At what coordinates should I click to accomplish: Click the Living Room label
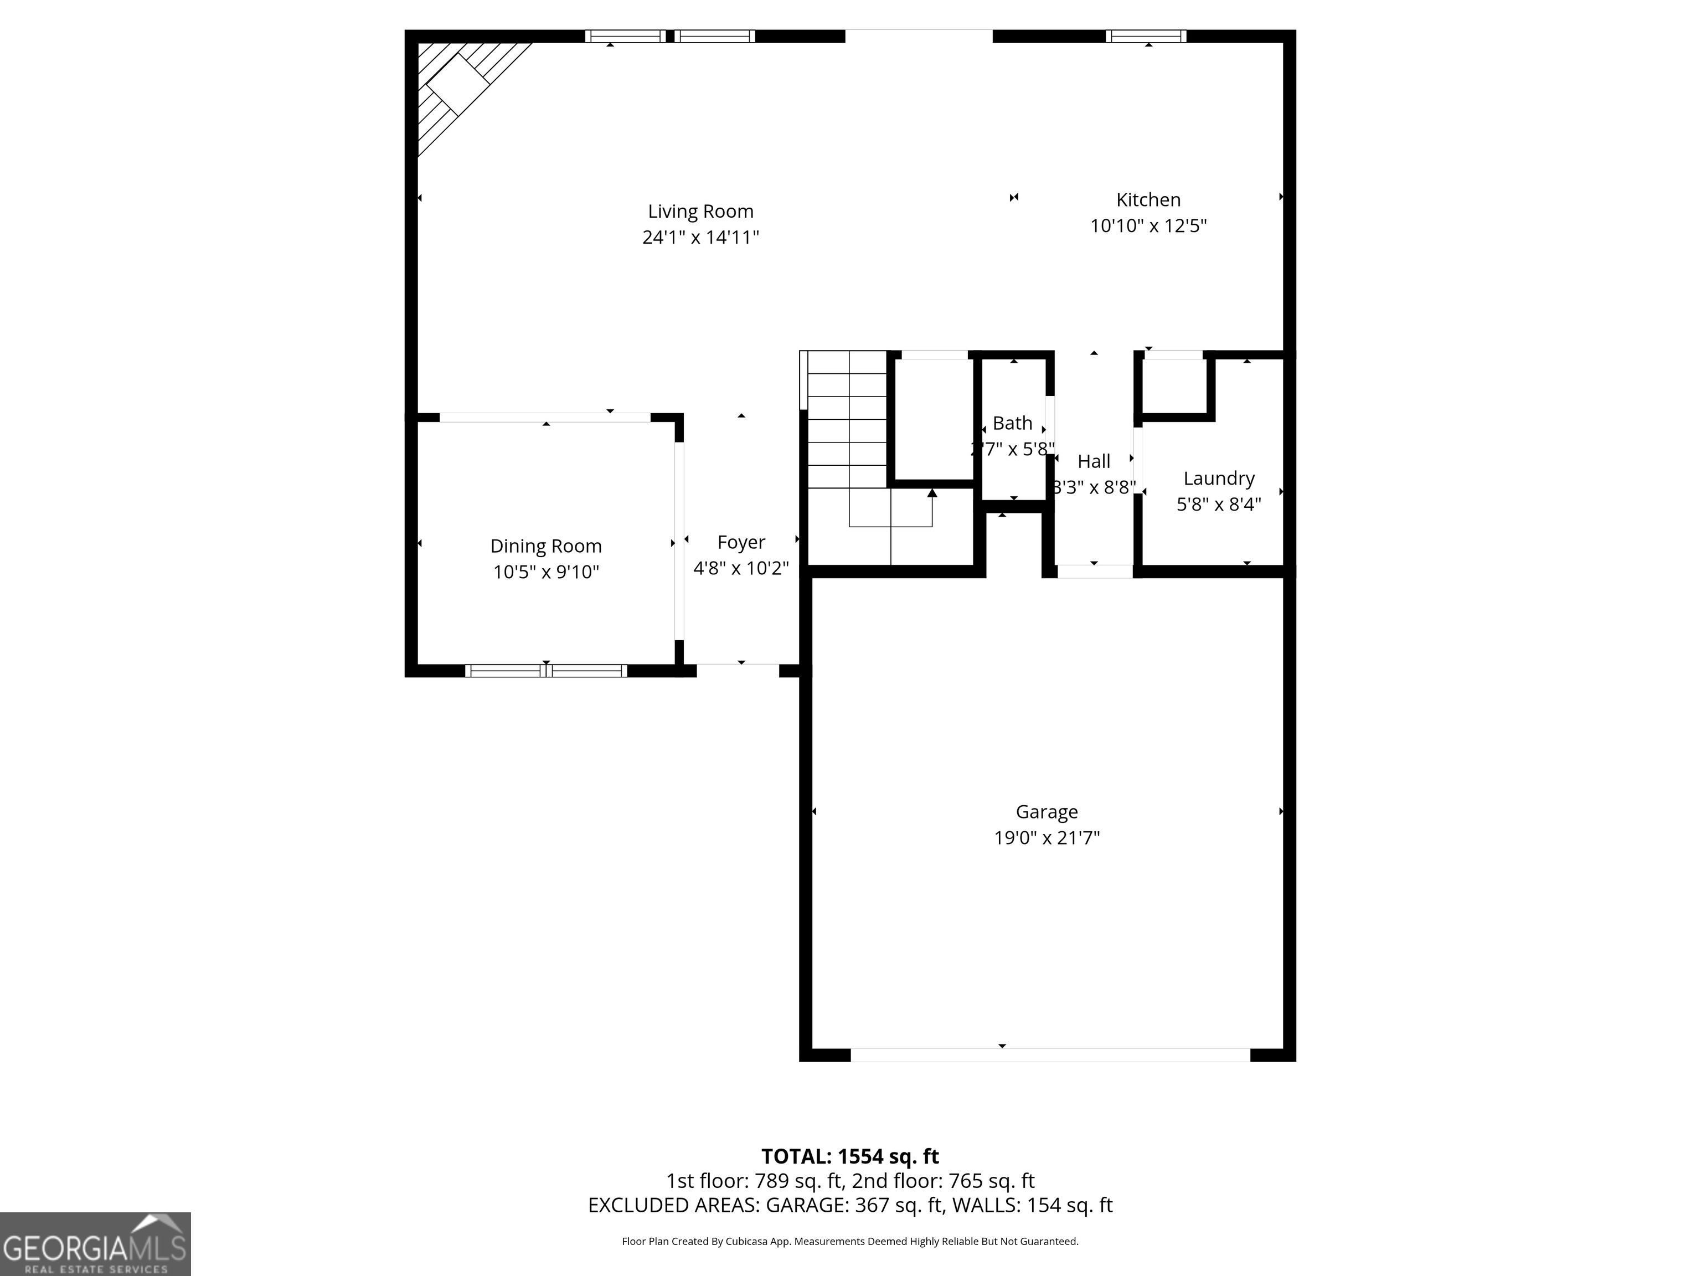coord(700,212)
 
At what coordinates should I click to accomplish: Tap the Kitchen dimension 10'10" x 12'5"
coord(1148,226)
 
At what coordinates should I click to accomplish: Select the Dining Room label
coord(546,546)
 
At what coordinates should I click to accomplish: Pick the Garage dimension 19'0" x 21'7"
coord(1047,837)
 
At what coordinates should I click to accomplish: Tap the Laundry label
coord(1219,478)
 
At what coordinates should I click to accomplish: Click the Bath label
coord(1012,423)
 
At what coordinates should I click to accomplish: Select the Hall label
coord(1094,461)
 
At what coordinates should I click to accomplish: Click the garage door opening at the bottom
coord(1050,1055)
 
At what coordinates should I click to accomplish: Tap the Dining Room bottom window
coord(546,671)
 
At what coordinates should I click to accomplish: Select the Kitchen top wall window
coord(1146,36)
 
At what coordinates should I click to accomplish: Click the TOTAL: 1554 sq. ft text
coord(850,1156)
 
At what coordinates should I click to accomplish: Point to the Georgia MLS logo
coord(95,1244)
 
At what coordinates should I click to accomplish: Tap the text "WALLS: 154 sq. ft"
coord(1033,1205)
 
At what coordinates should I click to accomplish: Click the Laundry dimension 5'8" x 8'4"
coord(1219,505)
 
